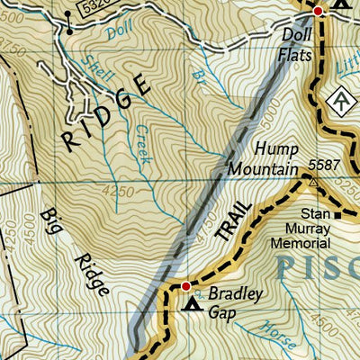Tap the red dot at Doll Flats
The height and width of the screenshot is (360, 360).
[318, 11]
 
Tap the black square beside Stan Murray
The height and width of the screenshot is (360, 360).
[338, 215]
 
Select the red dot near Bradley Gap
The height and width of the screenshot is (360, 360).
[186, 287]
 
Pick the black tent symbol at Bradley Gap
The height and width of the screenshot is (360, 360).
[192, 305]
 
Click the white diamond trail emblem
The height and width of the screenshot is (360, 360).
[341, 102]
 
